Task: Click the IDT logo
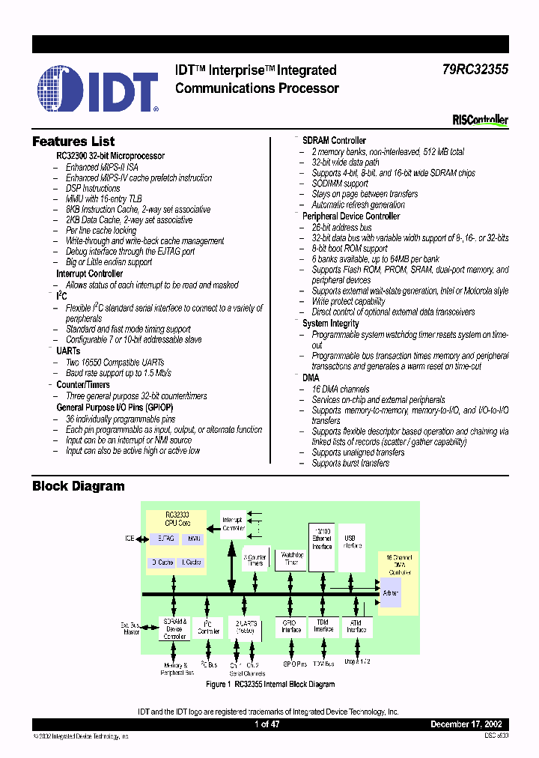click(x=98, y=88)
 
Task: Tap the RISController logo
click(x=481, y=120)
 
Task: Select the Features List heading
click(x=73, y=142)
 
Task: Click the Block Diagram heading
click(x=79, y=486)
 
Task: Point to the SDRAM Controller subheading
click(x=334, y=141)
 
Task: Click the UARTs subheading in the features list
click(x=68, y=351)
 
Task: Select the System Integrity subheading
click(x=330, y=324)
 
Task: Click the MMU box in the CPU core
click(x=195, y=539)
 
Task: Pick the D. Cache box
click(x=163, y=562)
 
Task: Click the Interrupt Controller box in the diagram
click(x=234, y=524)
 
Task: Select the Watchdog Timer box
click(x=291, y=559)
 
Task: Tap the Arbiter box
click(x=390, y=593)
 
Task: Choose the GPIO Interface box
click(x=290, y=626)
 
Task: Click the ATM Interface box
click(x=356, y=626)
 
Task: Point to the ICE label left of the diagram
click(x=130, y=539)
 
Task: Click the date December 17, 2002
click(x=469, y=724)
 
